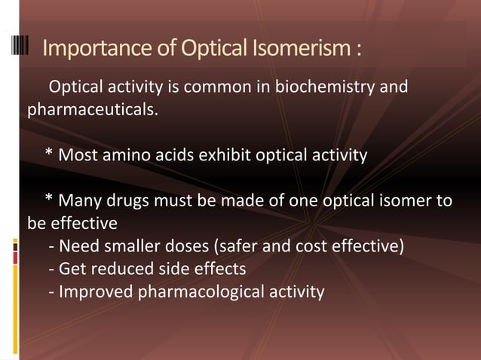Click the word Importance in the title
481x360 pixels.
89,50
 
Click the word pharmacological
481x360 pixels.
199,291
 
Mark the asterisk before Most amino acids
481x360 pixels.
49,154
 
